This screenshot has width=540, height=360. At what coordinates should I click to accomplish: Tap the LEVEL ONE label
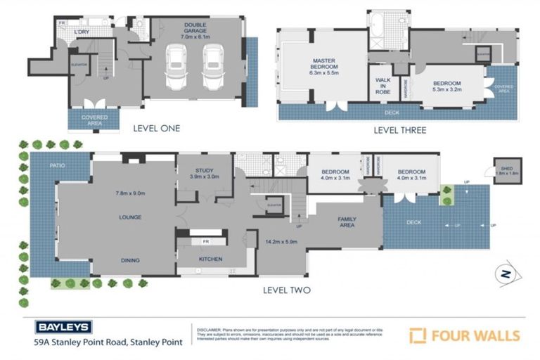point(156,128)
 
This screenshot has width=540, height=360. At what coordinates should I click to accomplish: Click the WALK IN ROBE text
point(383,86)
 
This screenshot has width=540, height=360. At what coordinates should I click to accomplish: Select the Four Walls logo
point(465,335)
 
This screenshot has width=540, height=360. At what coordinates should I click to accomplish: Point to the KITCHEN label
point(210,259)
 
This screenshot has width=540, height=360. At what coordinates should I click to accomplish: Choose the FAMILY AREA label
point(347,222)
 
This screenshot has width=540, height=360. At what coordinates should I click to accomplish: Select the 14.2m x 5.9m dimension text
point(281,243)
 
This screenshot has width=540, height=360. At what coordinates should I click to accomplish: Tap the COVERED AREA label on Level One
point(94,120)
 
